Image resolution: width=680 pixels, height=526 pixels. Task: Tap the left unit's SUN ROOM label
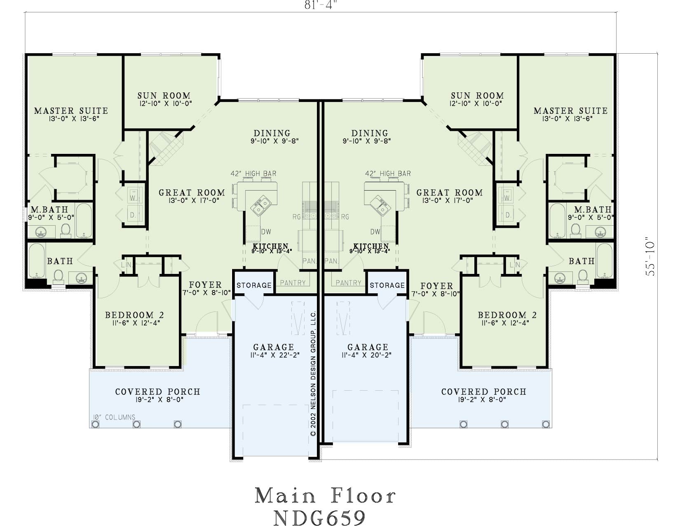click(164, 95)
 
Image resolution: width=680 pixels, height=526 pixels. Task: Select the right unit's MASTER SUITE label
click(570, 111)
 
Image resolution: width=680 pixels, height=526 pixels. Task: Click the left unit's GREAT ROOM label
click(192, 192)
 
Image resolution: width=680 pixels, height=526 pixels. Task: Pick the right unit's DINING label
click(370, 133)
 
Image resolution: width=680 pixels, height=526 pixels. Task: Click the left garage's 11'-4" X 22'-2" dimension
click(275, 355)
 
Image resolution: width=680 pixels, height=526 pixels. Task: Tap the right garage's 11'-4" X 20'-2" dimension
click(366, 355)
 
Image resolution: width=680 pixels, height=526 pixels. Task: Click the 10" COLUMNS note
click(114, 417)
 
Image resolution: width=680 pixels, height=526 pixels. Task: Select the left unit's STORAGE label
click(254, 285)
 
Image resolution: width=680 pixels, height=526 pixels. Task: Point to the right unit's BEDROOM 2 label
click(507, 315)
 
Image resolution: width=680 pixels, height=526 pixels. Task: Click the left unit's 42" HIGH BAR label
click(253, 173)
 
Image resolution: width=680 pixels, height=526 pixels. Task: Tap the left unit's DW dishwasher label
click(266, 231)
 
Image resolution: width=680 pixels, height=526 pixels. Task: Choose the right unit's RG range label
click(345, 217)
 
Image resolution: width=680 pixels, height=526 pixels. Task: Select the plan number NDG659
click(319, 517)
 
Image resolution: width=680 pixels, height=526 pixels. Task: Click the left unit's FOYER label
click(205, 285)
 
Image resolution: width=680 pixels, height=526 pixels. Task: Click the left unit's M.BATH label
click(49, 209)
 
